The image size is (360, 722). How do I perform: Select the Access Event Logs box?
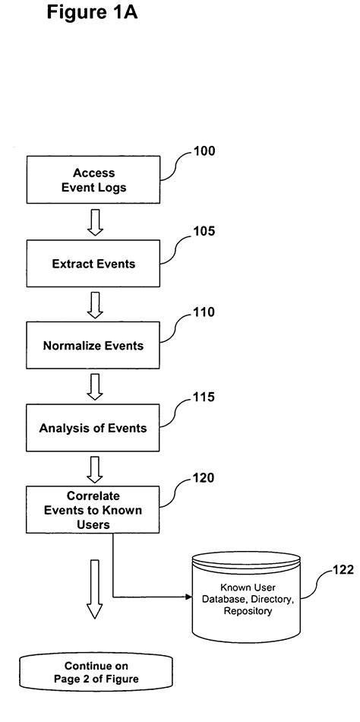pos(94,179)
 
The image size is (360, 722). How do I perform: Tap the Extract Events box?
pos(94,264)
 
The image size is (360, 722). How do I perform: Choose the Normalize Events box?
pos(94,345)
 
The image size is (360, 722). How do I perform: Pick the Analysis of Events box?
pos(94,428)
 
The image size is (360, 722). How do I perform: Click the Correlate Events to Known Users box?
pos(94,509)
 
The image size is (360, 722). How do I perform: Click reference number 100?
pos(203,151)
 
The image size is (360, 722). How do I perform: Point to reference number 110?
pos(203,312)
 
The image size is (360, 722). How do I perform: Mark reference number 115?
pos(203,397)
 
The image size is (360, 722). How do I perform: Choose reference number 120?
pos(203,478)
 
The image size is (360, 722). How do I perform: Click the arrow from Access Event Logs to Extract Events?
pos(94,221)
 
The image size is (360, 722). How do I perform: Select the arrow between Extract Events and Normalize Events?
pos(94,304)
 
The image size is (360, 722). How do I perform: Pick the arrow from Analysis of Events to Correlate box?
pos(94,469)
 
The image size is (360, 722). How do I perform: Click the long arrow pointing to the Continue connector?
pos(94,589)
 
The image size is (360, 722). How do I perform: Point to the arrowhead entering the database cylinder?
pos(185,597)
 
